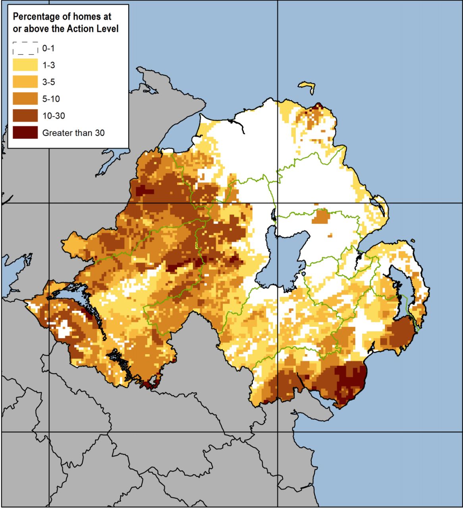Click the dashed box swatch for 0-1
click(x=25, y=48)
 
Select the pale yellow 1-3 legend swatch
click(x=25, y=65)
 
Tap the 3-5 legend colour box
click(x=25, y=82)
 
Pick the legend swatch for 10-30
click(x=25, y=116)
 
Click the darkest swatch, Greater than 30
click(x=25, y=132)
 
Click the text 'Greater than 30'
click(x=73, y=133)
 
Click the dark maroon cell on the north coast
click(x=318, y=107)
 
